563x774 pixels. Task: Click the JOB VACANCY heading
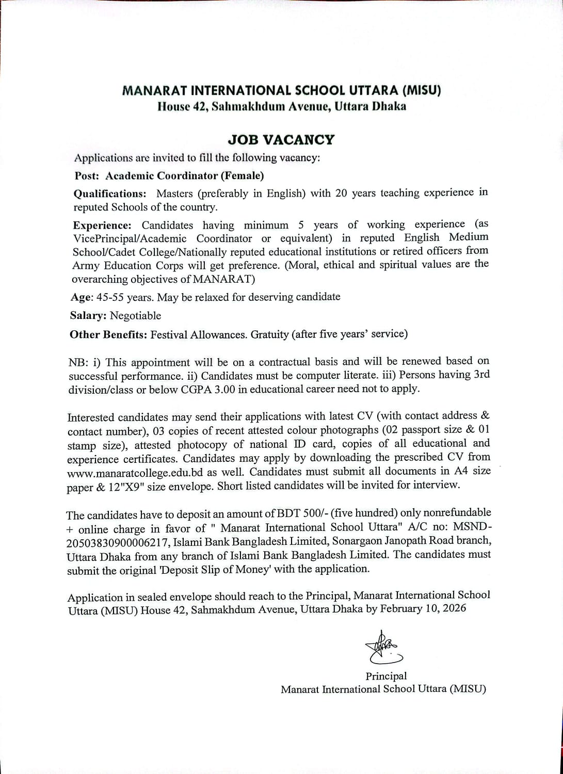point(281,140)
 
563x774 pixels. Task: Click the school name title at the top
point(281,91)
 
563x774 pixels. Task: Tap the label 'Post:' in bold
point(87,176)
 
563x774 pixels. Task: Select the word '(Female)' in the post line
point(242,175)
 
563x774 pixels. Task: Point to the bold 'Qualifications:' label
point(110,194)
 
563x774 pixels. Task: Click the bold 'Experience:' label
point(102,225)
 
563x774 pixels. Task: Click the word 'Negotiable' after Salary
point(135,316)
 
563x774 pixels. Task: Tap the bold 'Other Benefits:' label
point(108,334)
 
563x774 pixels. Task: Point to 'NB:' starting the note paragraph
point(78,363)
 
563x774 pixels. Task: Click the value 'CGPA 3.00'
point(207,390)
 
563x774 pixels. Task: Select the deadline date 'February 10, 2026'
point(423,608)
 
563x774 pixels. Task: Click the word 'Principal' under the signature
point(386,676)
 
